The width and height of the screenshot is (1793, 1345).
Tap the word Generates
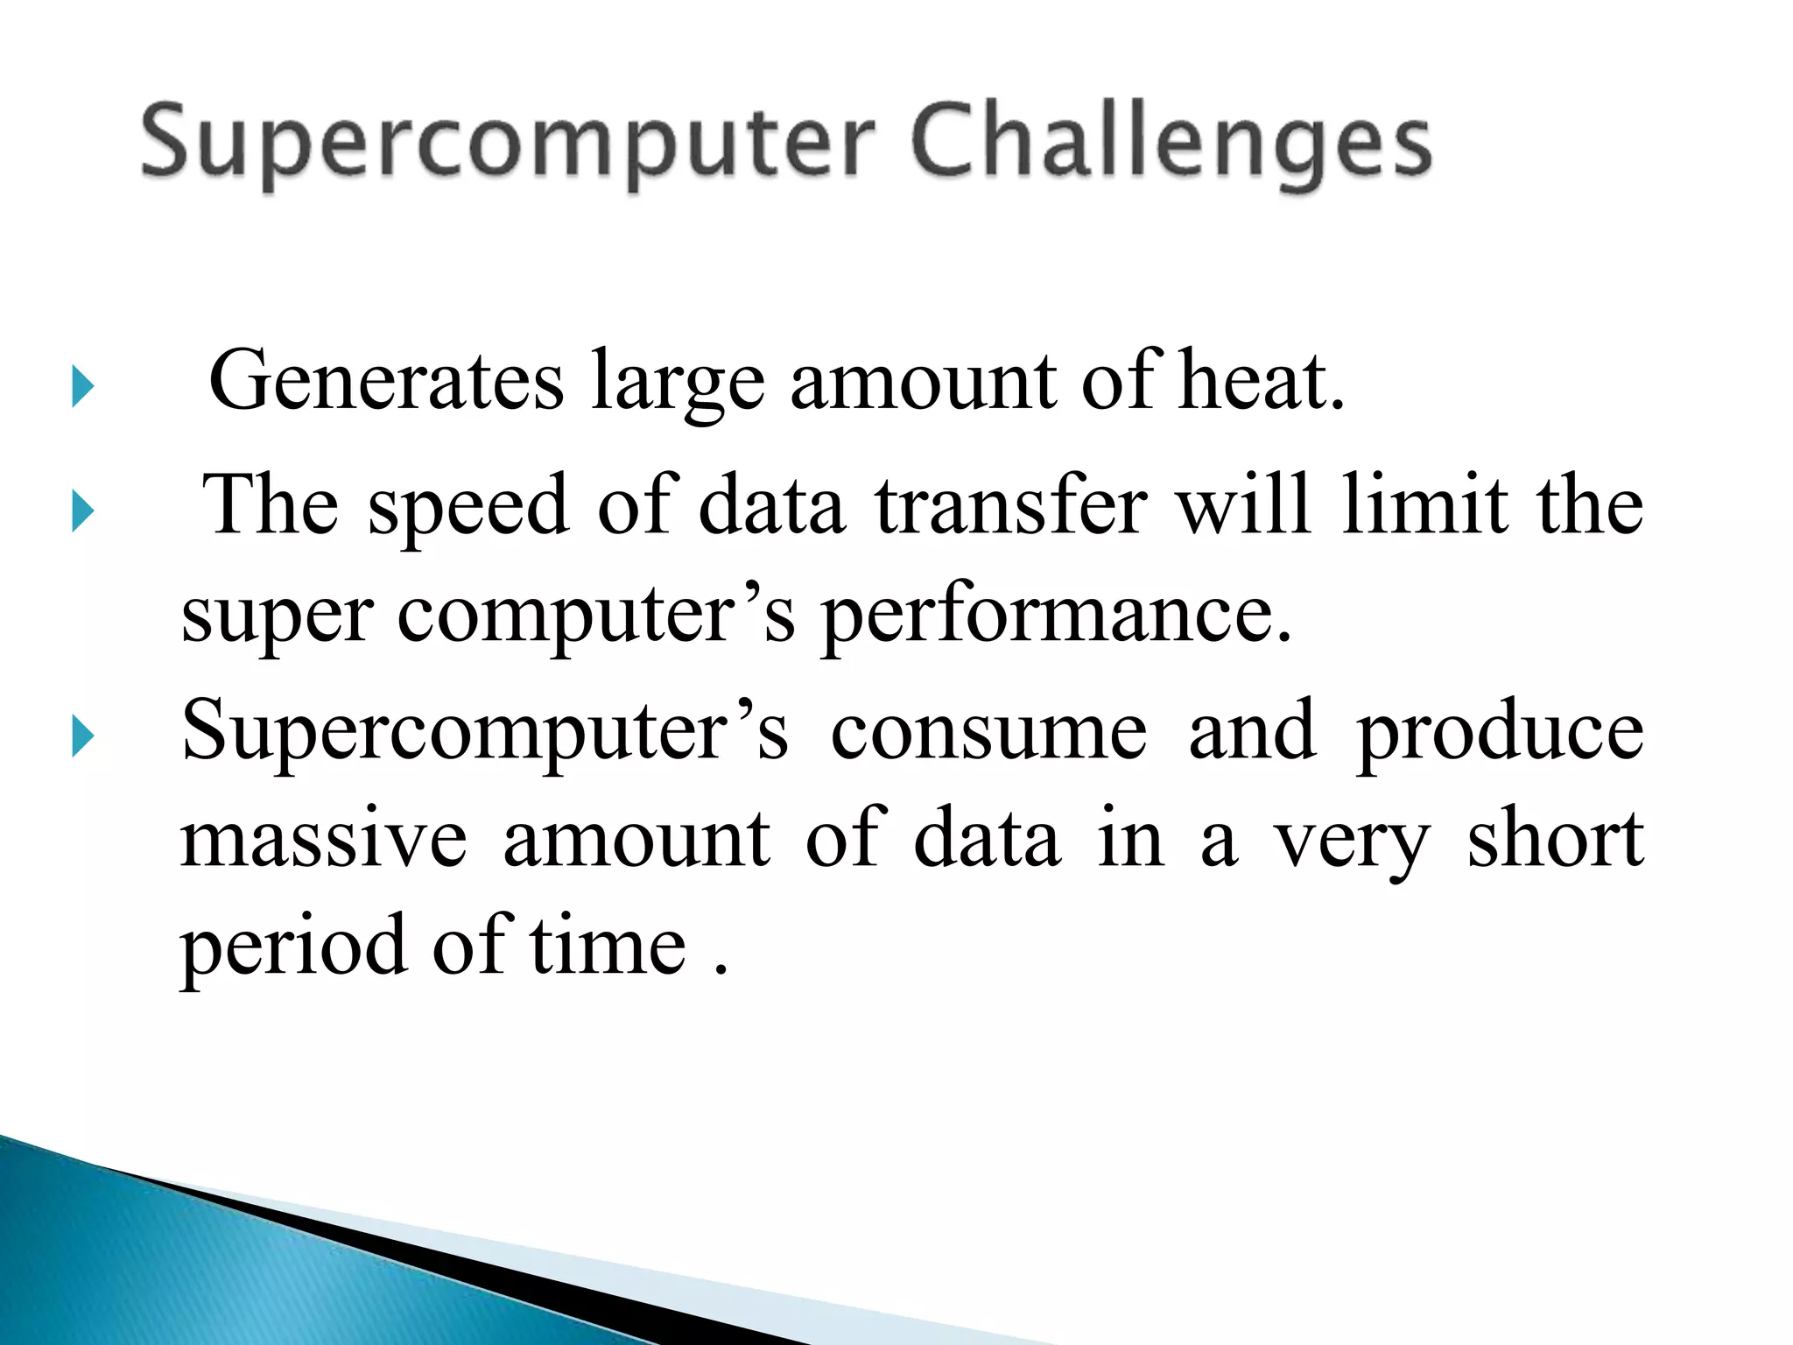point(386,381)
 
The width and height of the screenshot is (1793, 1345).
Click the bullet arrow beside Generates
point(82,386)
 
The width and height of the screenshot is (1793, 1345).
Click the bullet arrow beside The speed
point(82,511)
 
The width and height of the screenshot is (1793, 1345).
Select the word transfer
point(1011,505)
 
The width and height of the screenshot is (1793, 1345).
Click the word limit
point(1425,505)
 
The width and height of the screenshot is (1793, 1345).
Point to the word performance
point(1056,616)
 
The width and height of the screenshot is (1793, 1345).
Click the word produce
point(1500,734)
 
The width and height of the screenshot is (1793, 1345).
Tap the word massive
point(324,841)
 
